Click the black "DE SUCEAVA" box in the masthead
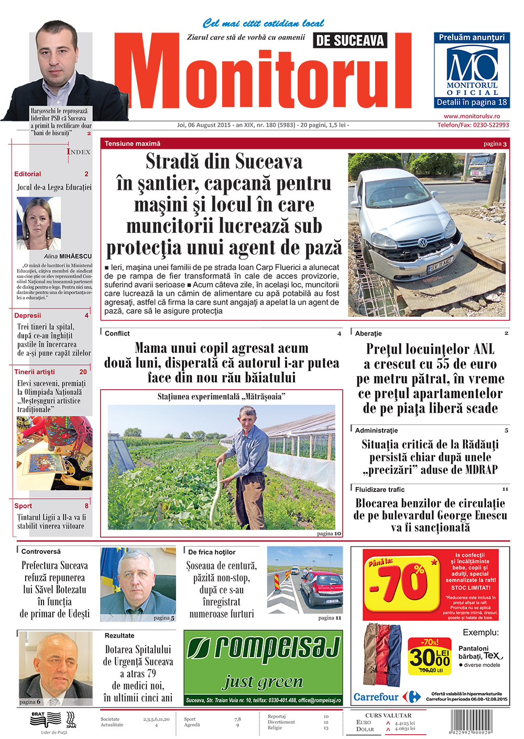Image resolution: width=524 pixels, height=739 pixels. [x=350, y=40]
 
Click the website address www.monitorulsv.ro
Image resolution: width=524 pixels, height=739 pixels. [x=472, y=116]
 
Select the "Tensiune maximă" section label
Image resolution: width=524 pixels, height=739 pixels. [x=133, y=144]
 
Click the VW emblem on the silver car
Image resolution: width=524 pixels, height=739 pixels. [x=422, y=242]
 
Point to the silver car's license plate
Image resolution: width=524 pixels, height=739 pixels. [x=440, y=265]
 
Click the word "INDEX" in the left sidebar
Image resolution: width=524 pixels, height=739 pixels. [x=79, y=152]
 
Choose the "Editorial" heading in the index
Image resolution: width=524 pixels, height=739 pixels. [x=28, y=174]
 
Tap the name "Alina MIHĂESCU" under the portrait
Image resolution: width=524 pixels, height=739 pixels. [x=68, y=256]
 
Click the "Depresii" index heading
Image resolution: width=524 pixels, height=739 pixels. [x=28, y=316]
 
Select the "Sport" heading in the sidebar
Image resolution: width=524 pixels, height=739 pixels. [x=23, y=506]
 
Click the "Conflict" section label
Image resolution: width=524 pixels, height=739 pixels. [x=117, y=334]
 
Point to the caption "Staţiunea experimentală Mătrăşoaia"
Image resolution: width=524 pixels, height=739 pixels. [x=221, y=397]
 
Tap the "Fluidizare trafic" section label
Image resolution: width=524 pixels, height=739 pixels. [x=380, y=489]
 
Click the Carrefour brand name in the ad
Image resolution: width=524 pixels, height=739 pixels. [x=376, y=698]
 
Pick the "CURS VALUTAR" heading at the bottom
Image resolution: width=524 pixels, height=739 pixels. [x=388, y=715]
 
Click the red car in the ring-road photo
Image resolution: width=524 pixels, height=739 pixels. [x=321, y=589]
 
